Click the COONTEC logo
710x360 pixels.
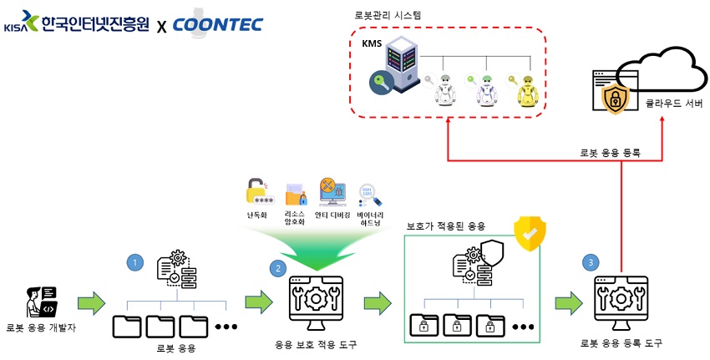coord(217,23)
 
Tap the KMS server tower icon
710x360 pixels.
coord(401,66)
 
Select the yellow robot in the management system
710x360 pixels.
coord(529,89)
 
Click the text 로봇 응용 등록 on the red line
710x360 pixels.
coord(610,153)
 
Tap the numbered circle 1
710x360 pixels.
coord(134,263)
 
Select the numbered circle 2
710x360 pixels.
coord(276,268)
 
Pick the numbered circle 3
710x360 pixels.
coord(591,262)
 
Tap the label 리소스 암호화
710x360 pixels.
coord(296,217)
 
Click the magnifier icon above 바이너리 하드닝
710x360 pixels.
coord(369,195)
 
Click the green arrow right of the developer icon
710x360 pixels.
coord(90,301)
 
